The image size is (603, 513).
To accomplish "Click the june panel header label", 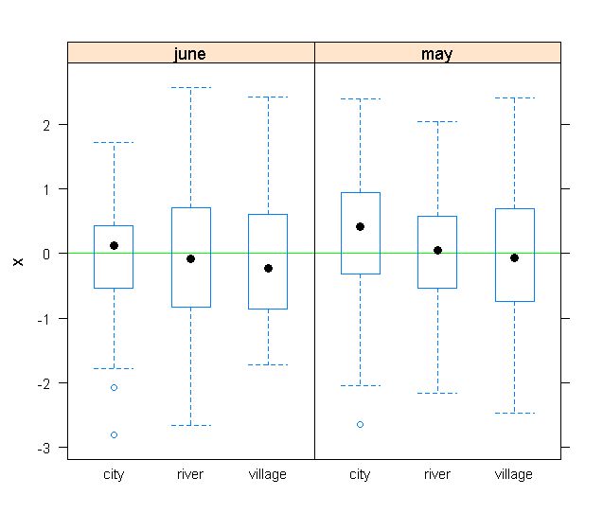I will coord(190,54).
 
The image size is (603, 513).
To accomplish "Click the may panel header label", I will coord(436,54).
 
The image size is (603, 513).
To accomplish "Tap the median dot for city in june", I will coord(114,245).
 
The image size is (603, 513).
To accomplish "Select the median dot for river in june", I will coord(190,258).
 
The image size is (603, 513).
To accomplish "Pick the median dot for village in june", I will coord(268,268).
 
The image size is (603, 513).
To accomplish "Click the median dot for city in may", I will coord(360,226).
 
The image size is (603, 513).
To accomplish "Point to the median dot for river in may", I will coord(437,250).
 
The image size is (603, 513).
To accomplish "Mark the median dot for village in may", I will coord(514,257).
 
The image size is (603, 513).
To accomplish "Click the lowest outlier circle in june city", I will coord(114,434).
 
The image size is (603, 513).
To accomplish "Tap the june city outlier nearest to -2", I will coord(114,387).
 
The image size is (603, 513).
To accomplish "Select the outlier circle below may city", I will coord(360,424).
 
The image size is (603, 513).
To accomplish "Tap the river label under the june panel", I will coord(190,474).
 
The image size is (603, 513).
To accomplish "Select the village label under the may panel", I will coord(514,474).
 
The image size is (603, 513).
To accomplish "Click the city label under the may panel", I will coord(360,474).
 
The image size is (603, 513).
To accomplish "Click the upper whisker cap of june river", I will coord(190,88).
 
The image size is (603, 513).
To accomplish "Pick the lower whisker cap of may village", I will coord(514,413).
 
